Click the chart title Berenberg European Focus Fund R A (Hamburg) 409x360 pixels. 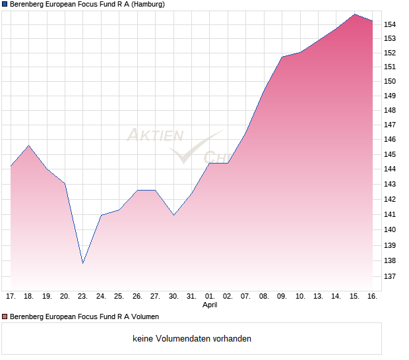87,4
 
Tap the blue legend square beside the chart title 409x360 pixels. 5,4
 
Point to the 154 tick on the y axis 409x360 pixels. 391,24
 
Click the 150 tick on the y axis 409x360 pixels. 391,82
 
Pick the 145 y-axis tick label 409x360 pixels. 391,154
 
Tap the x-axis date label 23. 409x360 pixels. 83,297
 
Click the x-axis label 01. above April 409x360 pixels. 210,297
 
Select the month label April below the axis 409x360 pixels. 210,305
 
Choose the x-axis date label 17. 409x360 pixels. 11,297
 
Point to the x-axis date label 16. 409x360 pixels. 372,297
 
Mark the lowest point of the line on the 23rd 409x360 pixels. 83,263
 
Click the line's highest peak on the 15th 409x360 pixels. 354,14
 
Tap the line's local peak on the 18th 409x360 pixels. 28,145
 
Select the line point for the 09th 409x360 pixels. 282,57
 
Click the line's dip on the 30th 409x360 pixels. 173,215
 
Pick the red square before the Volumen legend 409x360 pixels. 5,316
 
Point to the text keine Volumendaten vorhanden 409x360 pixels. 192,339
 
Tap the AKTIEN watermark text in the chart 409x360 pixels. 155,136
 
